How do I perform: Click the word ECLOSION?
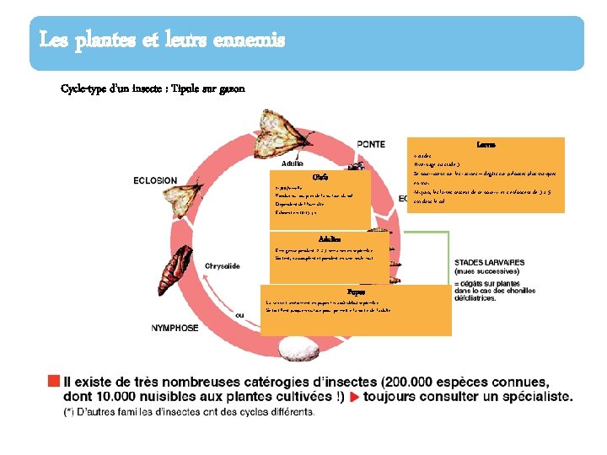(155, 179)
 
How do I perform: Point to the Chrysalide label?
(223, 266)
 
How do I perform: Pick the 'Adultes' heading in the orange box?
(329, 238)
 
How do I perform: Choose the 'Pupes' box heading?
(356, 292)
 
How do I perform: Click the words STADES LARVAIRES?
(489, 263)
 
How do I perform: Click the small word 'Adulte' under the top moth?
(293, 163)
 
